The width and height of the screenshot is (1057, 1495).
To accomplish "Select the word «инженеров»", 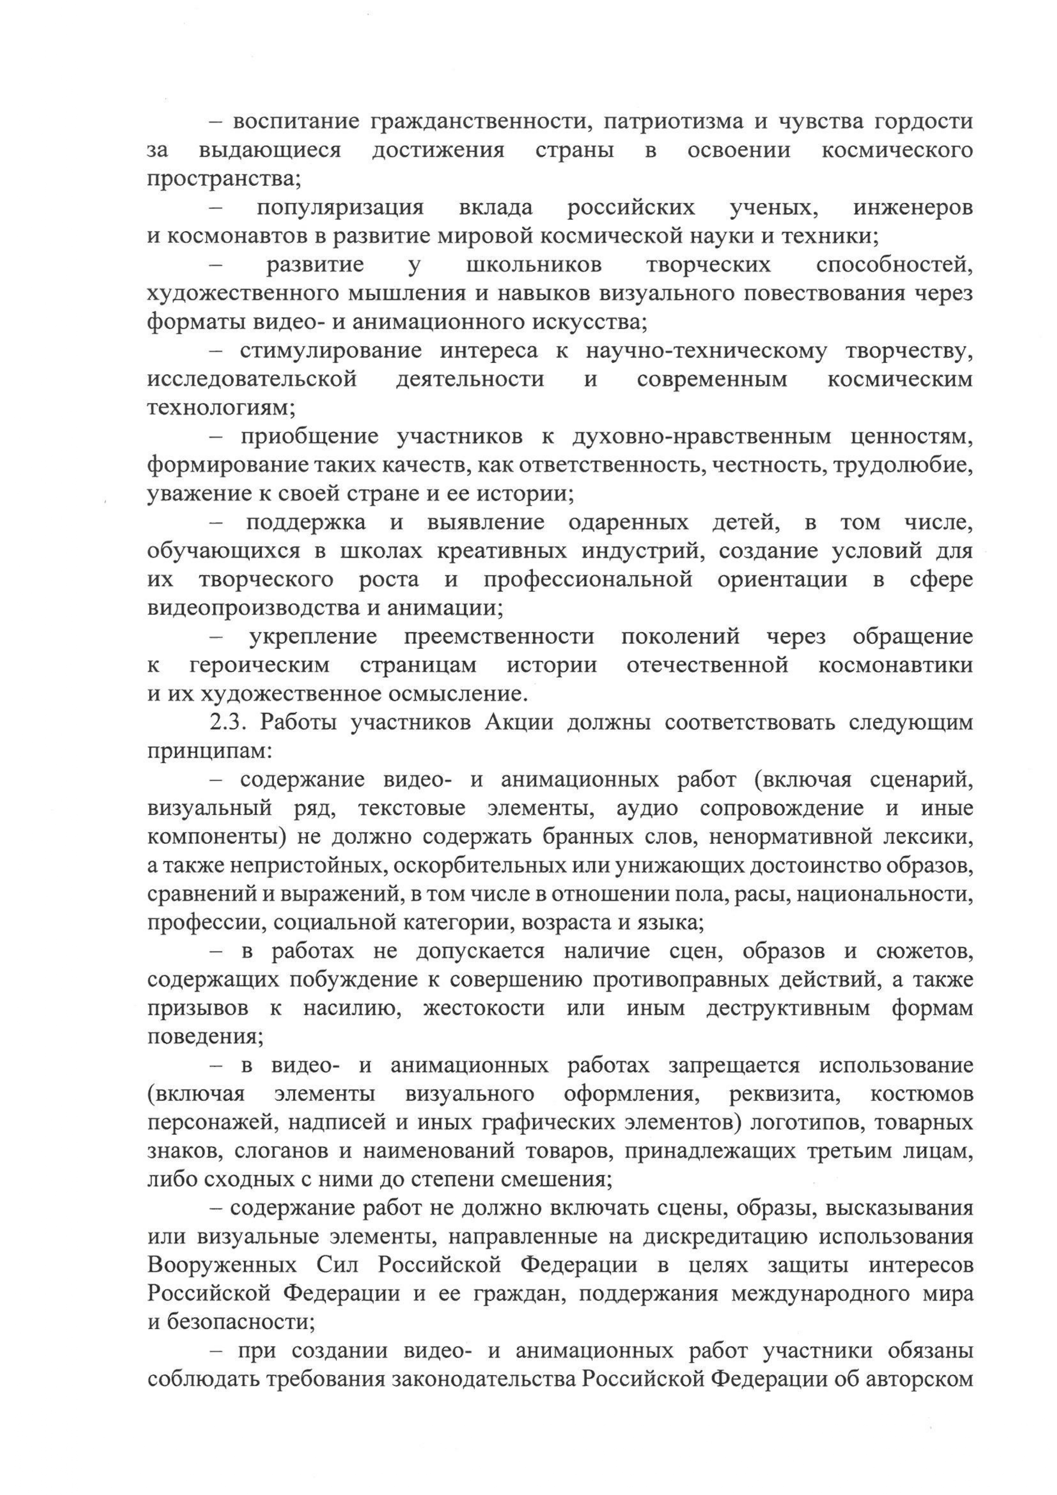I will click(913, 208).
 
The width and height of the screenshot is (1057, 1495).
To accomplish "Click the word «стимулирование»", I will click(330, 351).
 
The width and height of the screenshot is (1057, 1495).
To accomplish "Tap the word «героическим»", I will click(260, 665).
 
